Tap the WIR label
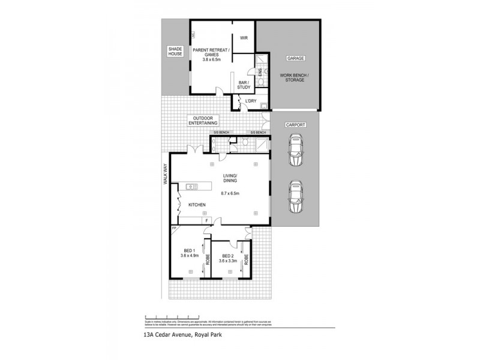pos(244,37)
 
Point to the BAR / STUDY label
pos(244,85)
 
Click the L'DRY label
pos(250,102)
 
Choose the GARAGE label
pos(295,58)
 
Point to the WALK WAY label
pos(164,175)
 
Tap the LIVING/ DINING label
pos(230,178)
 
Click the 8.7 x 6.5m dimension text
pos(230,193)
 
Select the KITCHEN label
pos(197,205)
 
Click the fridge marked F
pos(207,220)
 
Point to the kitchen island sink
pos(191,187)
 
